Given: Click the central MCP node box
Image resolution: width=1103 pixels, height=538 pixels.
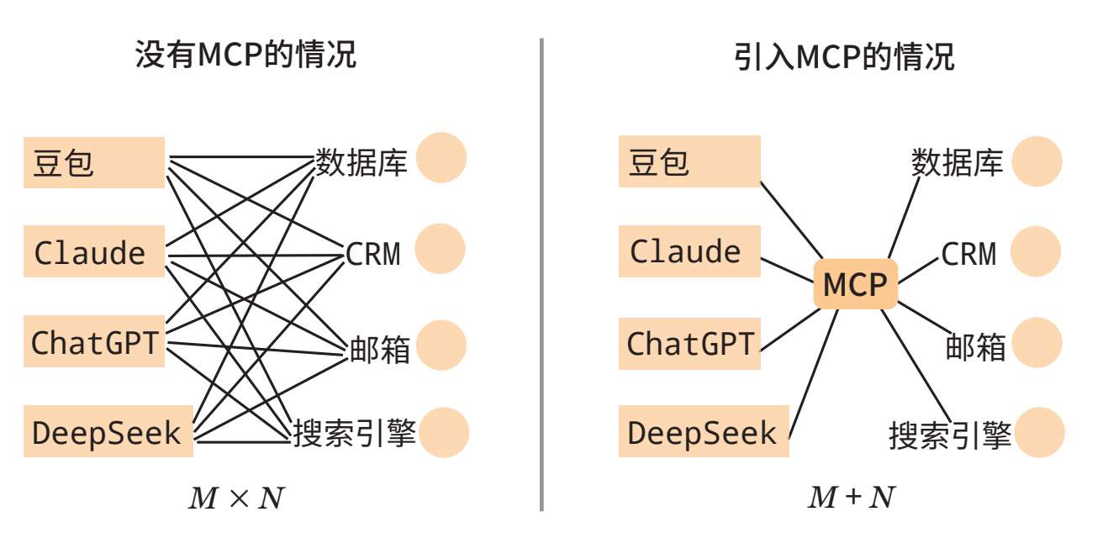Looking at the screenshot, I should pyautogui.click(x=855, y=284).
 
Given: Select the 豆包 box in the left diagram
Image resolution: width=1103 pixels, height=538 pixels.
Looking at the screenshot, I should pyautogui.click(x=93, y=162).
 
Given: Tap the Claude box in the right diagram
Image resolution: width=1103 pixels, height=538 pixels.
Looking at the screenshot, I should pyautogui.click(x=689, y=251).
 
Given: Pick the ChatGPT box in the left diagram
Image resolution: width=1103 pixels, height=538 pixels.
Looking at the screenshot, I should pyautogui.click(x=93, y=342).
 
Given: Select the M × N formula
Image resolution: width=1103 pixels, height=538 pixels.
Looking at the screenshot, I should pyautogui.click(x=235, y=498).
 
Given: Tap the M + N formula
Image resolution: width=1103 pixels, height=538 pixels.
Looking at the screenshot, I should pyautogui.click(x=849, y=498).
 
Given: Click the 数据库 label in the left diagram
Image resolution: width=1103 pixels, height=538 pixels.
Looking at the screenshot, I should pyautogui.click(x=362, y=161).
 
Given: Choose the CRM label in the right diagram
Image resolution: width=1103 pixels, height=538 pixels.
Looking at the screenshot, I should pyautogui.click(x=968, y=253).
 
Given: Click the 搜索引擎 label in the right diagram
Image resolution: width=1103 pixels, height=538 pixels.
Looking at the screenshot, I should pyautogui.click(x=951, y=435).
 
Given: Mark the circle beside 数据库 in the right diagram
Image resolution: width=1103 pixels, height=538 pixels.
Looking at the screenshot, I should pyautogui.click(x=1037, y=161).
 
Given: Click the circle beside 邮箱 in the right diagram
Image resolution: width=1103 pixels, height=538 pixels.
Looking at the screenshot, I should pyautogui.click(x=1037, y=343).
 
